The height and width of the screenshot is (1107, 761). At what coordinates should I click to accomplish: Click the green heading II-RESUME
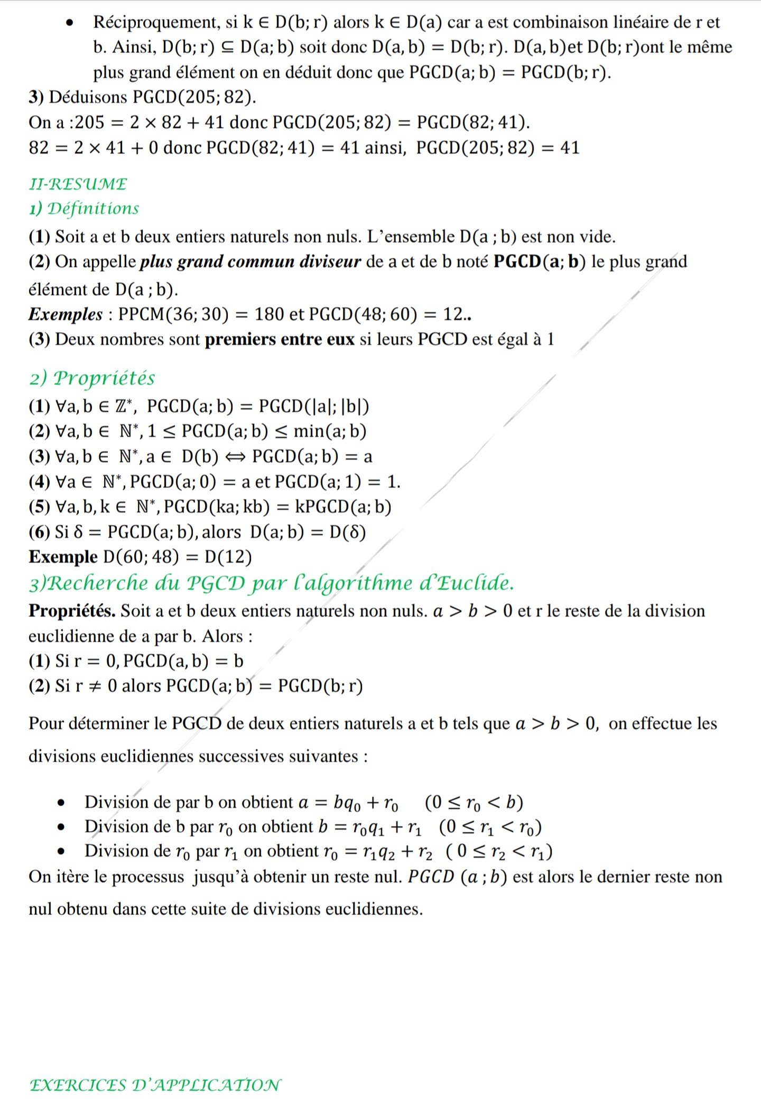pyautogui.click(x=78, y=184)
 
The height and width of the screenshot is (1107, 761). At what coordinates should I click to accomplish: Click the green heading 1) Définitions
pyautogui.click(x=84, y=209)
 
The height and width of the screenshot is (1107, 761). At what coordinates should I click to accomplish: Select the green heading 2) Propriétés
pyautogui.click(x=92, y=378)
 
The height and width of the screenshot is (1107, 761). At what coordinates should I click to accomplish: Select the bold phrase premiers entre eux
pyautogui.click(x=280, y=339)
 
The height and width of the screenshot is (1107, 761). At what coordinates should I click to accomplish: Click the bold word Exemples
pyautogui.click(x=66, y=314)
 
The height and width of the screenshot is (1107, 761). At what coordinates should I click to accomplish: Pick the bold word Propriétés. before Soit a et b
pyautogui.click(x=72, y=611)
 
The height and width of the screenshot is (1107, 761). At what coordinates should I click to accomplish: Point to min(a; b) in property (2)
pyautogui.click(x=330, y=432)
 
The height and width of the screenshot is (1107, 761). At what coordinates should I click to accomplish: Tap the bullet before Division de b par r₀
pyautogui.click(x=62, y=827)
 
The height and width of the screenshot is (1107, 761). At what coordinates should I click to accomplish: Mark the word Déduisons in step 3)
pyautogui.click(x=88, y=98)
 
